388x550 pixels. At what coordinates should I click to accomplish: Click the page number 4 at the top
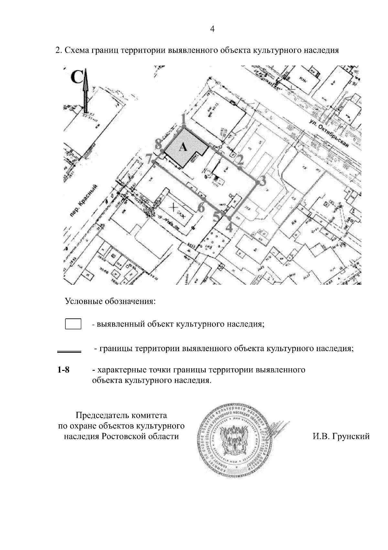pyautogui.click(x=212, y=29)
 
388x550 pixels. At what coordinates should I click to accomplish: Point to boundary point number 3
pyautogui.click(x=258, y=183)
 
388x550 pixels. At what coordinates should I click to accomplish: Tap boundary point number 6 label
pyautogui.click(x=201, y=208)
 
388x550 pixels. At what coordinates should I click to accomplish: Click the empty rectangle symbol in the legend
pyautogui.click(x=73, y=324)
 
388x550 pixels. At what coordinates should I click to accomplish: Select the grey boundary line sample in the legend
pyautogui.click(x=69, y=350)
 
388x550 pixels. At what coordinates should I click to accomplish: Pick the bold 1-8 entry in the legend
pyautogui.click(x=63, y=370)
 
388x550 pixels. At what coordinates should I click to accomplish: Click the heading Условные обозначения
pyautogui.click(x=110, y=302)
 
